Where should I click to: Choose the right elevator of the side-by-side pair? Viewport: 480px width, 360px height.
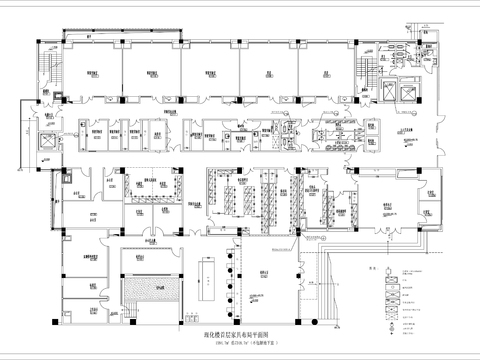point(424,89)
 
